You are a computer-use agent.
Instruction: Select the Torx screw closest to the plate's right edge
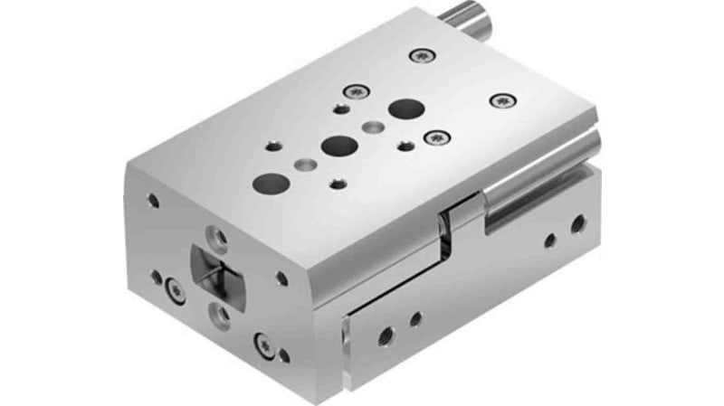click(500, 100)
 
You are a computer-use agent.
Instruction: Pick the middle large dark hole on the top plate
click(338, 145)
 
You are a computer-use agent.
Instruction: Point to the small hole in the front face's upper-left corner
click(152, 201)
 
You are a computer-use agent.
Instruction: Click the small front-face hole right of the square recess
click(281, 279)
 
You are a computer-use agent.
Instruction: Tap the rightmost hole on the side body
click(576, 222)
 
